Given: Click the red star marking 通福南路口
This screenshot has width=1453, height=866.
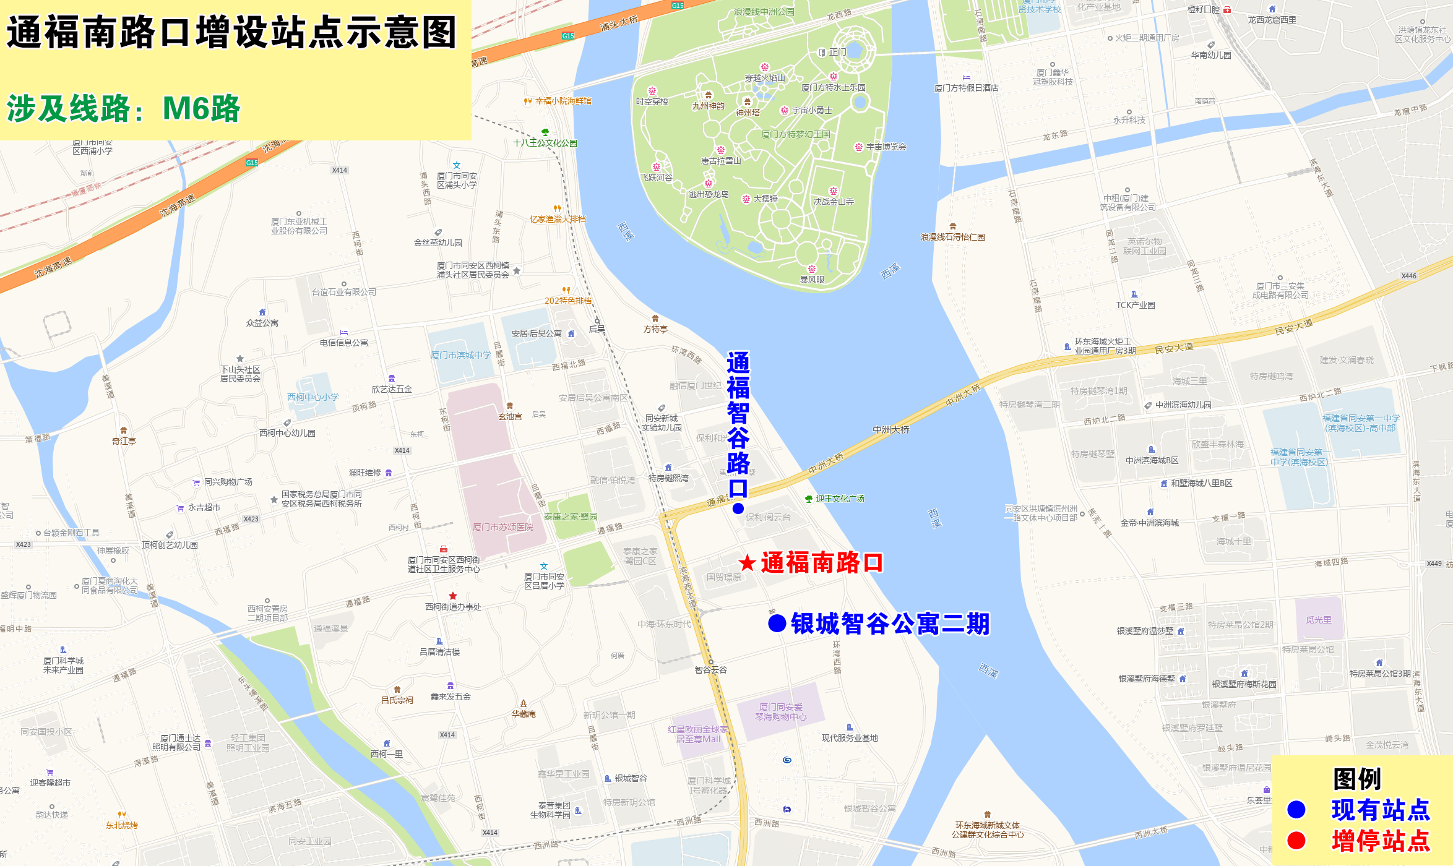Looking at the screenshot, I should tap(748, 563).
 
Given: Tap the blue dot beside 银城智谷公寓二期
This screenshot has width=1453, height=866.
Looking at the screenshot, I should tap(777, 624).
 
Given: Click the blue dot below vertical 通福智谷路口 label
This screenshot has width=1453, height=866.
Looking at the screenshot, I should tap(738, 508).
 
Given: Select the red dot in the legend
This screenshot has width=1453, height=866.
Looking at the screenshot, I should tap(1296, 840).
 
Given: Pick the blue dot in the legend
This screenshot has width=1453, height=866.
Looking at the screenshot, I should tap(1296, 809).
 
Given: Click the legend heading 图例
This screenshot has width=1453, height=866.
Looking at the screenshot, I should tap(1357, 779).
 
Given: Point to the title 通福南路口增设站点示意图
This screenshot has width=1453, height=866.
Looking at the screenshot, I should tap(231, 33).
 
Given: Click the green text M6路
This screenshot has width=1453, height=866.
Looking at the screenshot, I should tap(201, 108).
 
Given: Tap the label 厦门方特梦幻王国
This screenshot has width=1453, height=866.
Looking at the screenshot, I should tap(795, 134).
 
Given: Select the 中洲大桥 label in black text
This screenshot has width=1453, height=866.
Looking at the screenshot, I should tap(891, 429).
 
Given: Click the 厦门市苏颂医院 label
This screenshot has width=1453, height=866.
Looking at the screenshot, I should tap(502, 527).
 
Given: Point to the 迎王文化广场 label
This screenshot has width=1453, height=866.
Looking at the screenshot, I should tap(840, 499).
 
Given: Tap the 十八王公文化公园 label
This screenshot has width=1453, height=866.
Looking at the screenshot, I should tap(545, 143).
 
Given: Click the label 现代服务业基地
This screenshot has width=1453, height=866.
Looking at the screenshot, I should tap(850, 738).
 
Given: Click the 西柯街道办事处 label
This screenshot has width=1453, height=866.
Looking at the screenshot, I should tap(453, 607).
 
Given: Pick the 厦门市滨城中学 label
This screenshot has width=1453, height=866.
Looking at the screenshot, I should tap(460, 355).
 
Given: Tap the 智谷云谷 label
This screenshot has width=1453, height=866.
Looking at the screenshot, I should tap(710, 670).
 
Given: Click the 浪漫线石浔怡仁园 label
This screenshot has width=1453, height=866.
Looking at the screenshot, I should tap(952, 237).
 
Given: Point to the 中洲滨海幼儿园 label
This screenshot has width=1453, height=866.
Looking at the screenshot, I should tap(1183, 405).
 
